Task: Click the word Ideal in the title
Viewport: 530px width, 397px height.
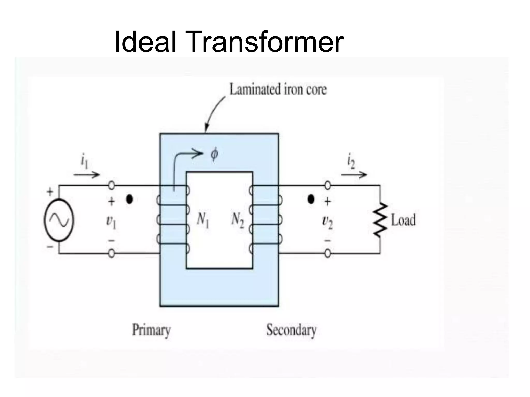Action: coord(145,41)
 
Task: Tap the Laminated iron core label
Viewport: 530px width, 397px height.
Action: coord(278,89)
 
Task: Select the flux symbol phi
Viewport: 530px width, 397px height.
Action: coord(214,154)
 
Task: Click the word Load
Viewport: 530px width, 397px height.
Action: coord(403,220)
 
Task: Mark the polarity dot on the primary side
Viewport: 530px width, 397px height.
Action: coord(129,199)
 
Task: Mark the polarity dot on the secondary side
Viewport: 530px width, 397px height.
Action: coord(311,199)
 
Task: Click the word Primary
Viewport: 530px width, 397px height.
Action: coord(151,330)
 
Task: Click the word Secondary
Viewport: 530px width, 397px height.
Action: coord(291,330)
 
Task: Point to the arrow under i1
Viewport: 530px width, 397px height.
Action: coord(87,175)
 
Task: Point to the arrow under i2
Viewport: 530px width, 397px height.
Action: coord(354,175)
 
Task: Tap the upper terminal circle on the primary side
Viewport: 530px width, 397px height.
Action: coord(111,185)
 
